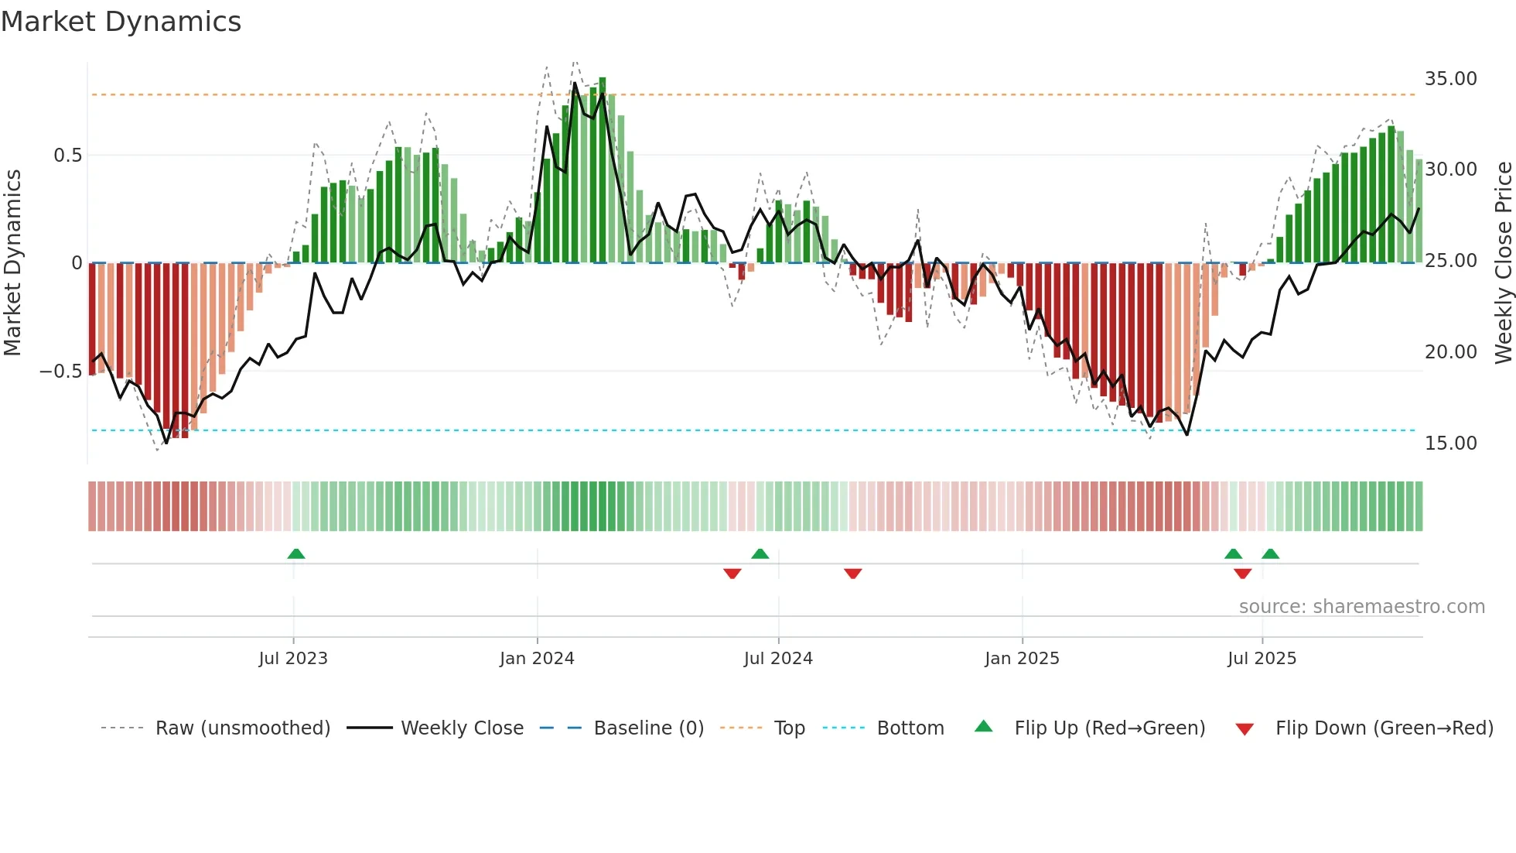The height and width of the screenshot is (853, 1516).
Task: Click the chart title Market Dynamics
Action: click(x=121, y=22)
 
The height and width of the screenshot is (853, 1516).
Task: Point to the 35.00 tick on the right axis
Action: click(x=1450, y=79)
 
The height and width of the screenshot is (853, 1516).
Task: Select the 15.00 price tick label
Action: click(x=1450, y=444)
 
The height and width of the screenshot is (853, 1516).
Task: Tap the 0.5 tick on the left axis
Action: click(x=67, y=156)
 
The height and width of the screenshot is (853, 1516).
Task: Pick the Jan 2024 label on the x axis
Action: click(x=537, y=659)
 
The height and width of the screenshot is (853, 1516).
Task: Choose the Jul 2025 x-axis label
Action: click(x=1262, y=659)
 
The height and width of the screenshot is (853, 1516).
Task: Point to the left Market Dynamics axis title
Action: click(x=12, y=263)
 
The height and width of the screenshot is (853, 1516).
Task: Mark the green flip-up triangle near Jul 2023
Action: click(x=296, y=553)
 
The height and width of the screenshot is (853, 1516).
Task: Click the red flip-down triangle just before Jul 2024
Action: click(x=732, y=574)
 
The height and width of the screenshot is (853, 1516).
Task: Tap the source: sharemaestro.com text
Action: click(x=1361, y=607)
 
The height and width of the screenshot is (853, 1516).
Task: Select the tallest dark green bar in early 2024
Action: click(x=603, y=170)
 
